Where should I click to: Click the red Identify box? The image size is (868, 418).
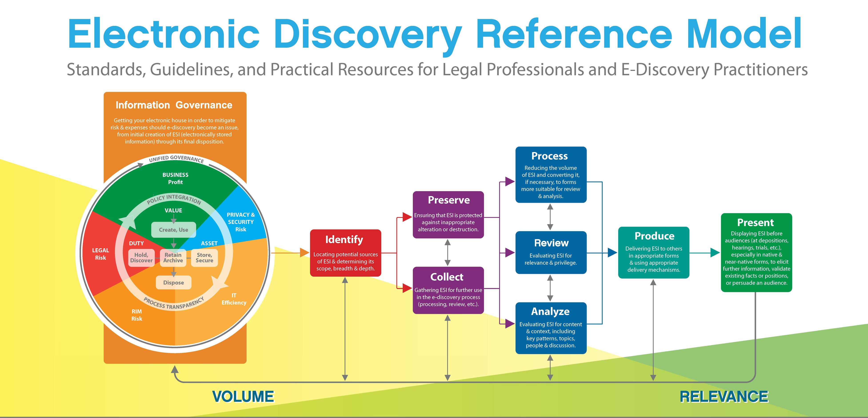(345, 253)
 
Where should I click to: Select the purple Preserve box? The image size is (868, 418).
(448, 215)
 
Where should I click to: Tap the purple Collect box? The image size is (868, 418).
(448, 290)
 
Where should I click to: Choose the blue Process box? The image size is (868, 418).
(551, 175)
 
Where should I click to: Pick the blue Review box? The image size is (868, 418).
(551, 252)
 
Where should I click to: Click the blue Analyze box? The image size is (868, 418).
(551, 328)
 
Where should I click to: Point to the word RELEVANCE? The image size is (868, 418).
(724, 396)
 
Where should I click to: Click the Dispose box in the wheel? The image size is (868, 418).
(174, 283)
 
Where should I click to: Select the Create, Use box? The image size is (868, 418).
(174, 229)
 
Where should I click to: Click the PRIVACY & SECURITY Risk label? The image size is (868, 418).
(241, 222)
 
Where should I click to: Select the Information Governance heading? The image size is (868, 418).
(174, 105)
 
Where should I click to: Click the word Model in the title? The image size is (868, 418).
(744, 34)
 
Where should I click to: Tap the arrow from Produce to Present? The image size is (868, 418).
(704, 253)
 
